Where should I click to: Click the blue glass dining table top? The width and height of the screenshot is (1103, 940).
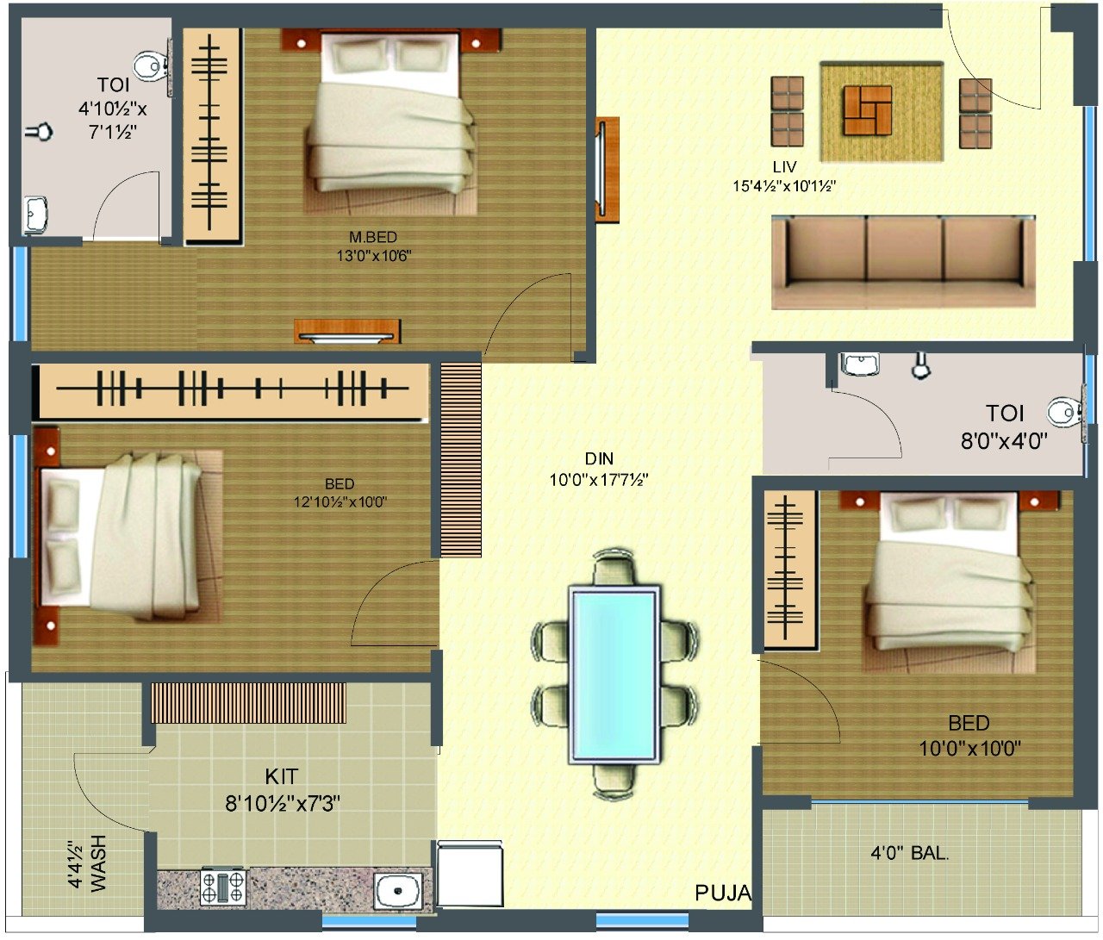(x=614, y=675)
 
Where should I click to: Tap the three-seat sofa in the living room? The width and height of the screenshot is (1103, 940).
(x=903, y=263)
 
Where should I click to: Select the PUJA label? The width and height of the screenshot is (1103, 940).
(x=723, y=893)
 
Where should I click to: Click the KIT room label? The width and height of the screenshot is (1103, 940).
(x=282, y=776)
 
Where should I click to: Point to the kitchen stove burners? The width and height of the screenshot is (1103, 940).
(x=223, y=887)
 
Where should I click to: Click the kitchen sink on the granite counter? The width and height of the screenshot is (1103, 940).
(x=397, y=890)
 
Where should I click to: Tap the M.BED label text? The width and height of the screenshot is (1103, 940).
(x=373, y=237)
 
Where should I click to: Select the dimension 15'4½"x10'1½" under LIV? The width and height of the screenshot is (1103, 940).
(x=784, y=186)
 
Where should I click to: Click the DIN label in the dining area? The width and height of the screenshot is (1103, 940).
(x=599, y=458)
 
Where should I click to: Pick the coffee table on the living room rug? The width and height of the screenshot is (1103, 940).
(x=868, y=110)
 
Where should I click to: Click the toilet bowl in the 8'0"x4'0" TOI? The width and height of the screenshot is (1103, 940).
(x=1064, y=413)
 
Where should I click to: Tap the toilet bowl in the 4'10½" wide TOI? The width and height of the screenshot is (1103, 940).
(x=151, y=66)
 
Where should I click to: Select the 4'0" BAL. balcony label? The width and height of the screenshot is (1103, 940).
(x=910, y=853)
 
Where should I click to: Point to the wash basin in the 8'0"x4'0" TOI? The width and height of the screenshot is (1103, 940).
(x=860, y=364)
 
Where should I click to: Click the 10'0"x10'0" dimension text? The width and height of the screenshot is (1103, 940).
(x=969, y=749)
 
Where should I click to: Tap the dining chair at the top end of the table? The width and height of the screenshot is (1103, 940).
(x=614, y=567)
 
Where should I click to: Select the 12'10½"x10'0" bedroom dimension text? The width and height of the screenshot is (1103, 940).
(x=340, y=501)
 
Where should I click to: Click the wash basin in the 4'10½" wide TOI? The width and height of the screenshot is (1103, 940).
(x=35, y=215)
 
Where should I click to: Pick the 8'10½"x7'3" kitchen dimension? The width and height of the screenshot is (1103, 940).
(x=283, y=803)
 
